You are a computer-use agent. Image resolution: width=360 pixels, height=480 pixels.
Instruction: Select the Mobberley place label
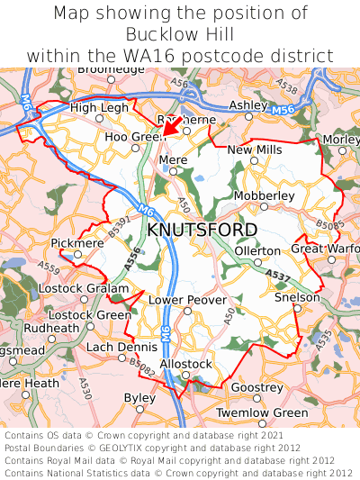264,195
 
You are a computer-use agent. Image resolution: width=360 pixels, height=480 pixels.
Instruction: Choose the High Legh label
99,108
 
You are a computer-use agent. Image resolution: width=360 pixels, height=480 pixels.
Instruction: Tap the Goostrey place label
256,386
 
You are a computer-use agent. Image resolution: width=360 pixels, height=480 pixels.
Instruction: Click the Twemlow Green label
264,412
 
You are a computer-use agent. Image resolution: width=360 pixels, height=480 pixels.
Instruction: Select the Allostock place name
185,363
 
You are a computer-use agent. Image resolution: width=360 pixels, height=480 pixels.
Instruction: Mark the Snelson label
297,297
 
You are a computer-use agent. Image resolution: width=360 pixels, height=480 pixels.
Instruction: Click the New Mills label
254,149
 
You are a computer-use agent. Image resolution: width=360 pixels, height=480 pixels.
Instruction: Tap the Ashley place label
248,105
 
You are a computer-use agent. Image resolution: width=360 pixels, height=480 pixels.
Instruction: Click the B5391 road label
118,227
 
